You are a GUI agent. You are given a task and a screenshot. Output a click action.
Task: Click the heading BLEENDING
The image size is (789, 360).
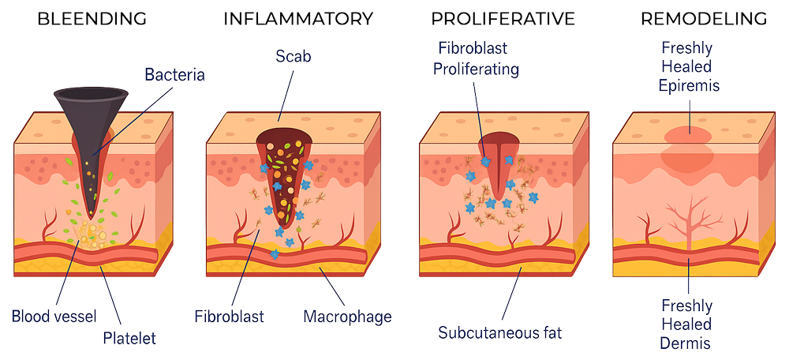click(x=92, y=19)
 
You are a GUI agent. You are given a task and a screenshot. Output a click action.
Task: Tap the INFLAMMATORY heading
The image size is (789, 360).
click(x=298, y=19)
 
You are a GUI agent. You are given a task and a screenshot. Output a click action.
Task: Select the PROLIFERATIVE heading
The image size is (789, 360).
click(x=503, y=19)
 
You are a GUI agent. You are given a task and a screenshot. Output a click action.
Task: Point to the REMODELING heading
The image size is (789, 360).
click(x=704, y=19)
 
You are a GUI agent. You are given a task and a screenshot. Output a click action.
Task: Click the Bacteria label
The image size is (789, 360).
click(x=174, y=75)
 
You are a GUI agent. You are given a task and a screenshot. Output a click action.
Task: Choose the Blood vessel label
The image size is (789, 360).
click(x=54, y=317)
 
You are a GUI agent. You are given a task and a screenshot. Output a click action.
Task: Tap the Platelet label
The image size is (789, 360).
click(x=129, y=339)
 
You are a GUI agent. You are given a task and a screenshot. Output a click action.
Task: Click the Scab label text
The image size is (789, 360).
click(x=294, y=56)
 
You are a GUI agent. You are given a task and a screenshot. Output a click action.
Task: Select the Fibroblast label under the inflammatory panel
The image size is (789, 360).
click(x=230, y=317)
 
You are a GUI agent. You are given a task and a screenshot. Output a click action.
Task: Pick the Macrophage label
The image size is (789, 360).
click(x=348, y=317)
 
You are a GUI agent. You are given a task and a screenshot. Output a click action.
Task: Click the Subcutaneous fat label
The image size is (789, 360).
click(x=499, y=333)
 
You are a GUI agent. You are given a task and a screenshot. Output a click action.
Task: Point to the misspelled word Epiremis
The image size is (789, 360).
click(x=690, y=85)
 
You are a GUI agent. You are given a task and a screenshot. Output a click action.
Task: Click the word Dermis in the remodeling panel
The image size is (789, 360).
click(x=686, y=343)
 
